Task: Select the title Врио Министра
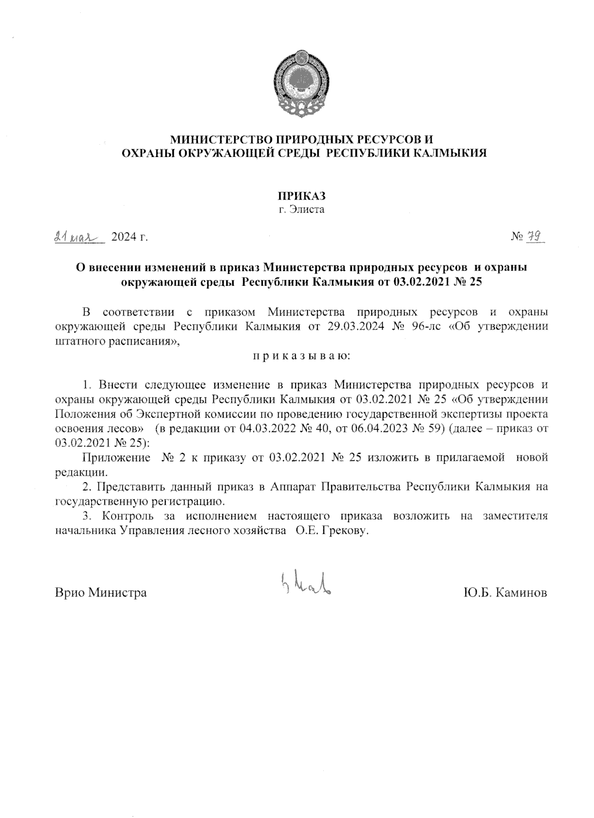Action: click(100, 593)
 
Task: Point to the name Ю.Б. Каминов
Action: click(505, 593)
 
